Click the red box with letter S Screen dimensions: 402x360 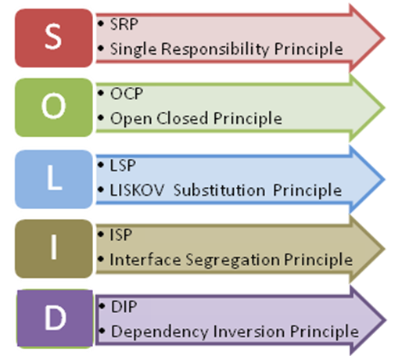coord(54,38)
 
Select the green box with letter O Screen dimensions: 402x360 coord(54,107)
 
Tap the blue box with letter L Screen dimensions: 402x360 coord(54,179)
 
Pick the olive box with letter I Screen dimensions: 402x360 coord(54,249)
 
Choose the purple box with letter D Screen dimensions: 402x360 coord(55,319)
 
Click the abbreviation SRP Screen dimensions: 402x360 coord(124,24)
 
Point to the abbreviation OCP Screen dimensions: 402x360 coord(127,93)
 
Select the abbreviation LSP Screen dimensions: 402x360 coord(123,165)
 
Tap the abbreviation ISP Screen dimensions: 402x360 coord(121,235)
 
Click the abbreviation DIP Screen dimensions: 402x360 coord(124,307)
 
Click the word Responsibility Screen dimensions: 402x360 coord(215,49)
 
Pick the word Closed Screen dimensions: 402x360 coord(182,118)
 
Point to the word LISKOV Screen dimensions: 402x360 coord(137,190)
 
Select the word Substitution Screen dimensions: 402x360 coord(220,190)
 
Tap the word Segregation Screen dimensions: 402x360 coord(233,260)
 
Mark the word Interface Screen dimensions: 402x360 coord(145,260)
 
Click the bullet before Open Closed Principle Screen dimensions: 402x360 coord(101,117)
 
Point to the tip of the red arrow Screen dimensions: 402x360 coord(385,38)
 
